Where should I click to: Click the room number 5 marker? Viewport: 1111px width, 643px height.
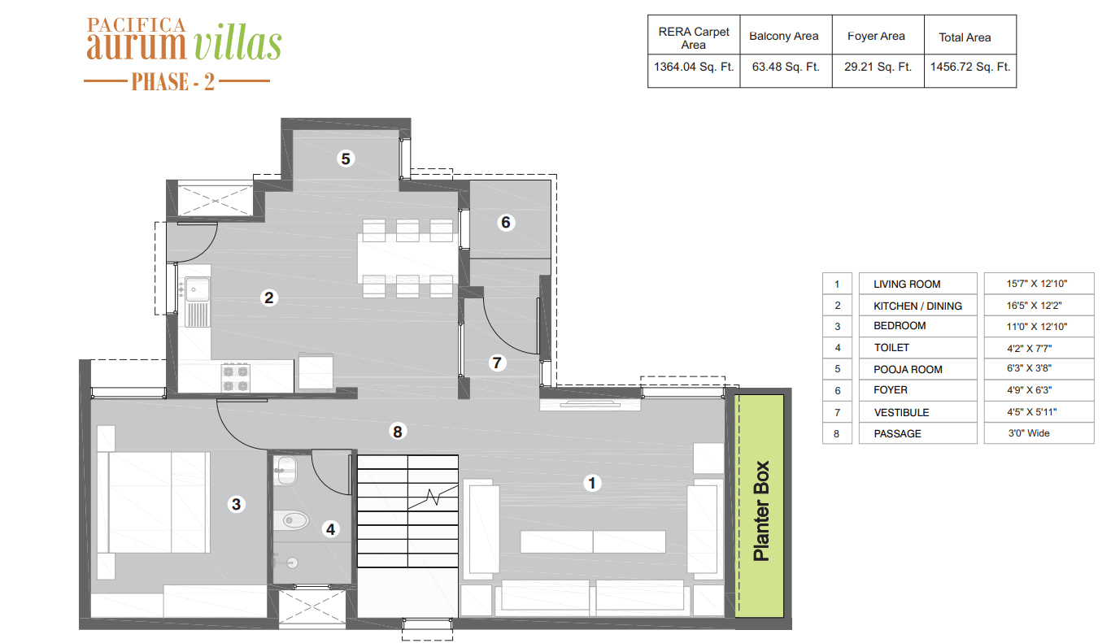346,159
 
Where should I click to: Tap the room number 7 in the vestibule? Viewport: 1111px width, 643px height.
497,363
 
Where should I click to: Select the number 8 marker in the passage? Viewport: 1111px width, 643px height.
397,432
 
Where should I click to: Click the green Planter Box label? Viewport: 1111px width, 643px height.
760,511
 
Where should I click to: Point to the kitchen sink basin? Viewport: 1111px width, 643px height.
197,289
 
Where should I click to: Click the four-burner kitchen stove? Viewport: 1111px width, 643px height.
236,378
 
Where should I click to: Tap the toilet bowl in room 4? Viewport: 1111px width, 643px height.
292,520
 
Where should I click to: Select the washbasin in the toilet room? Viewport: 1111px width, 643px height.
286,470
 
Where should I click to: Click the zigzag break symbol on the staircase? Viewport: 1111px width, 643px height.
433,497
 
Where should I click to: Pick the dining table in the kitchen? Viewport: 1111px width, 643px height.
407,259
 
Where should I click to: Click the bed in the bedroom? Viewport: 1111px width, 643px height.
154,502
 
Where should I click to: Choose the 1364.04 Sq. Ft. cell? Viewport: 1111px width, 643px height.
694,67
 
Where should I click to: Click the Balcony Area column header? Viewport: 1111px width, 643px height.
784,36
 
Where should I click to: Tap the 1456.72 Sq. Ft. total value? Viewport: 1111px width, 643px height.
969,67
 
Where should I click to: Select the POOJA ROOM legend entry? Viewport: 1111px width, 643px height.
908,369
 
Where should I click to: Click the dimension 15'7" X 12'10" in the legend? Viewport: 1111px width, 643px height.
1037,284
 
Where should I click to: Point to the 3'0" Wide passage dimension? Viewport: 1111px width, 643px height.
1029,432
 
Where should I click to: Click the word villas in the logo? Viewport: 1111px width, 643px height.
237,44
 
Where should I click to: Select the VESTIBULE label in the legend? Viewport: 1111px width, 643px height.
901,412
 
